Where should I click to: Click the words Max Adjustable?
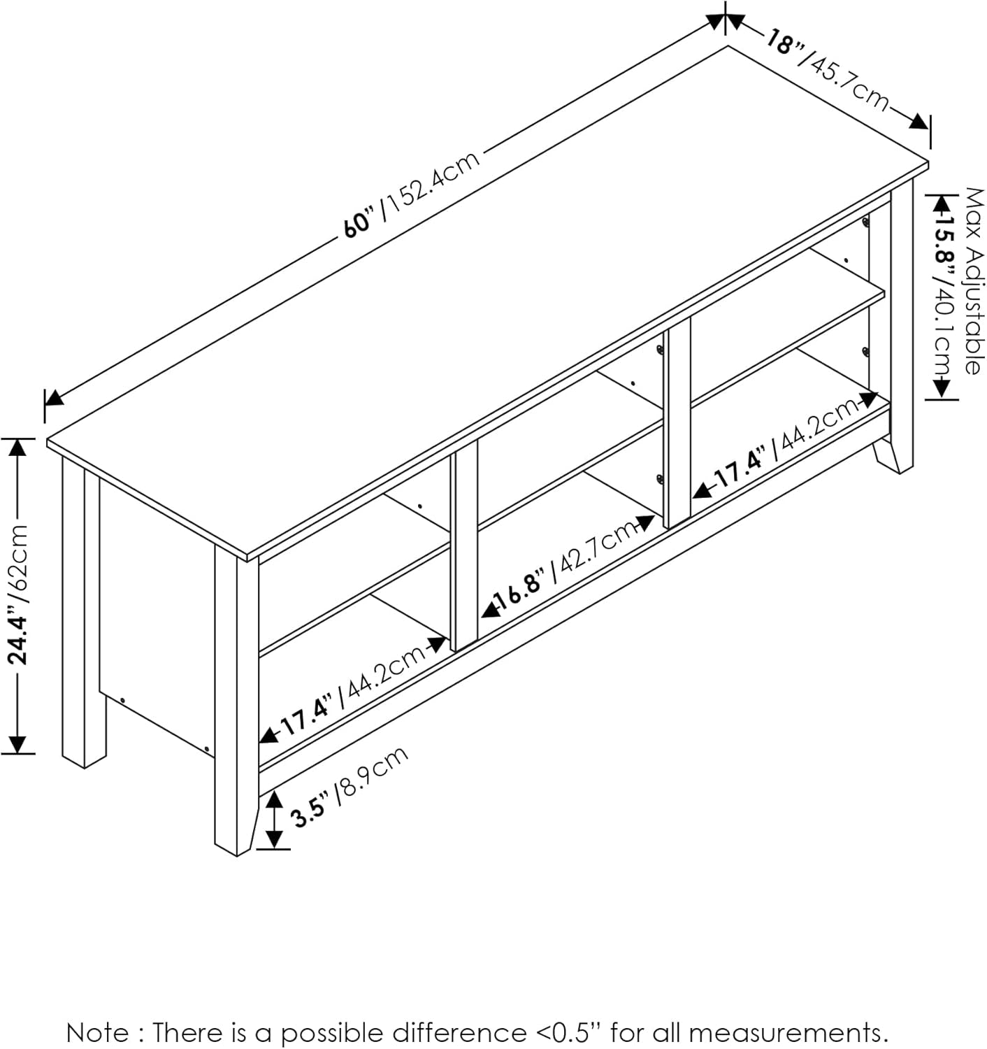pos(972,280)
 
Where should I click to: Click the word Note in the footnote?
pos(97,1032)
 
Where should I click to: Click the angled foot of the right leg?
pos(893,455)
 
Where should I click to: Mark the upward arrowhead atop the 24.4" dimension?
pos(17,447)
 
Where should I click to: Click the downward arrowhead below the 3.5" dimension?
pos(274,839)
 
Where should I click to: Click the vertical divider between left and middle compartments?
pos(463,545)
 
